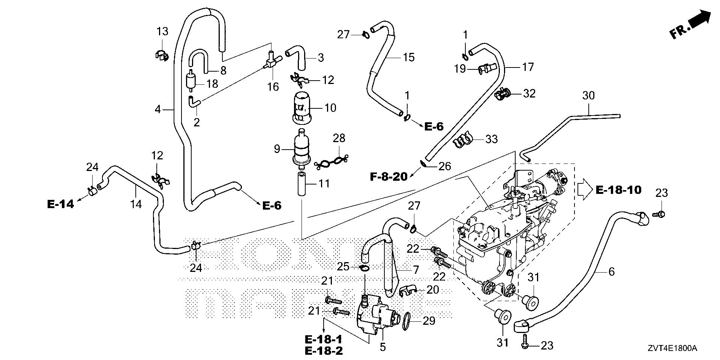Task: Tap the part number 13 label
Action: pos(162,31)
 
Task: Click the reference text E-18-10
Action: pos(618,190)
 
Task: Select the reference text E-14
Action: pos(60,204)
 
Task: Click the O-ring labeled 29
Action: pos(408,322)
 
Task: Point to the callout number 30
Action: pos(588,96)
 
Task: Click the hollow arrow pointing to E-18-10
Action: pos(584,190)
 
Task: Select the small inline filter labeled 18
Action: pos(191,81)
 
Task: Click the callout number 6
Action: pos(612,271)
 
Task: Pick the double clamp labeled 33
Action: pos(462,139)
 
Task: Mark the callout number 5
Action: pos(382,347)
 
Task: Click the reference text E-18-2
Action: pos(323,351)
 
